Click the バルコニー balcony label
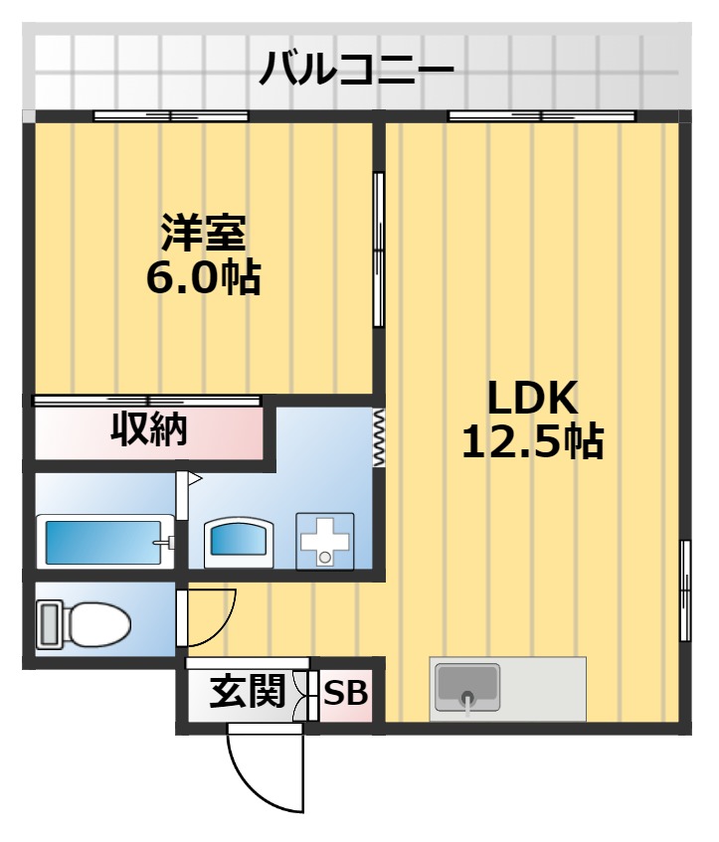point(357,70)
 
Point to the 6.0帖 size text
point(203,278)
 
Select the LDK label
point(531,399)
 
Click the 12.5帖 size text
point(531,441)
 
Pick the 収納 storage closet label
point(149,429)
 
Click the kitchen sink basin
point(467,687)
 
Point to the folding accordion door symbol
point(378,436)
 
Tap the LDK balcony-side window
point(541,116)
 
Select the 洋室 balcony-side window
point(170,116)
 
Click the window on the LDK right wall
point(685,590)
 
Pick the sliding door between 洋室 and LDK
point(379,250)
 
